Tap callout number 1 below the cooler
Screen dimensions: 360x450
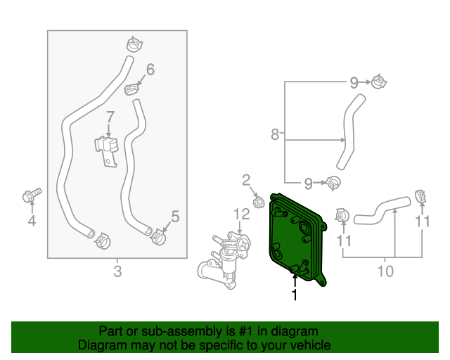pos(295,296)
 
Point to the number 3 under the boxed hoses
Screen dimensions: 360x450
pos(117,271)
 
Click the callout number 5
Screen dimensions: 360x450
pos(175,217)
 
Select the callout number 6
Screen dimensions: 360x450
pos(150,69)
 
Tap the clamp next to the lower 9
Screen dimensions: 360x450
pos(333,184)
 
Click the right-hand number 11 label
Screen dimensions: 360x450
pos(422,222)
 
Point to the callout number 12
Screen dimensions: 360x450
pos(242,213)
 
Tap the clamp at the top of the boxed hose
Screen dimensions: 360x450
pos(134,45)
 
